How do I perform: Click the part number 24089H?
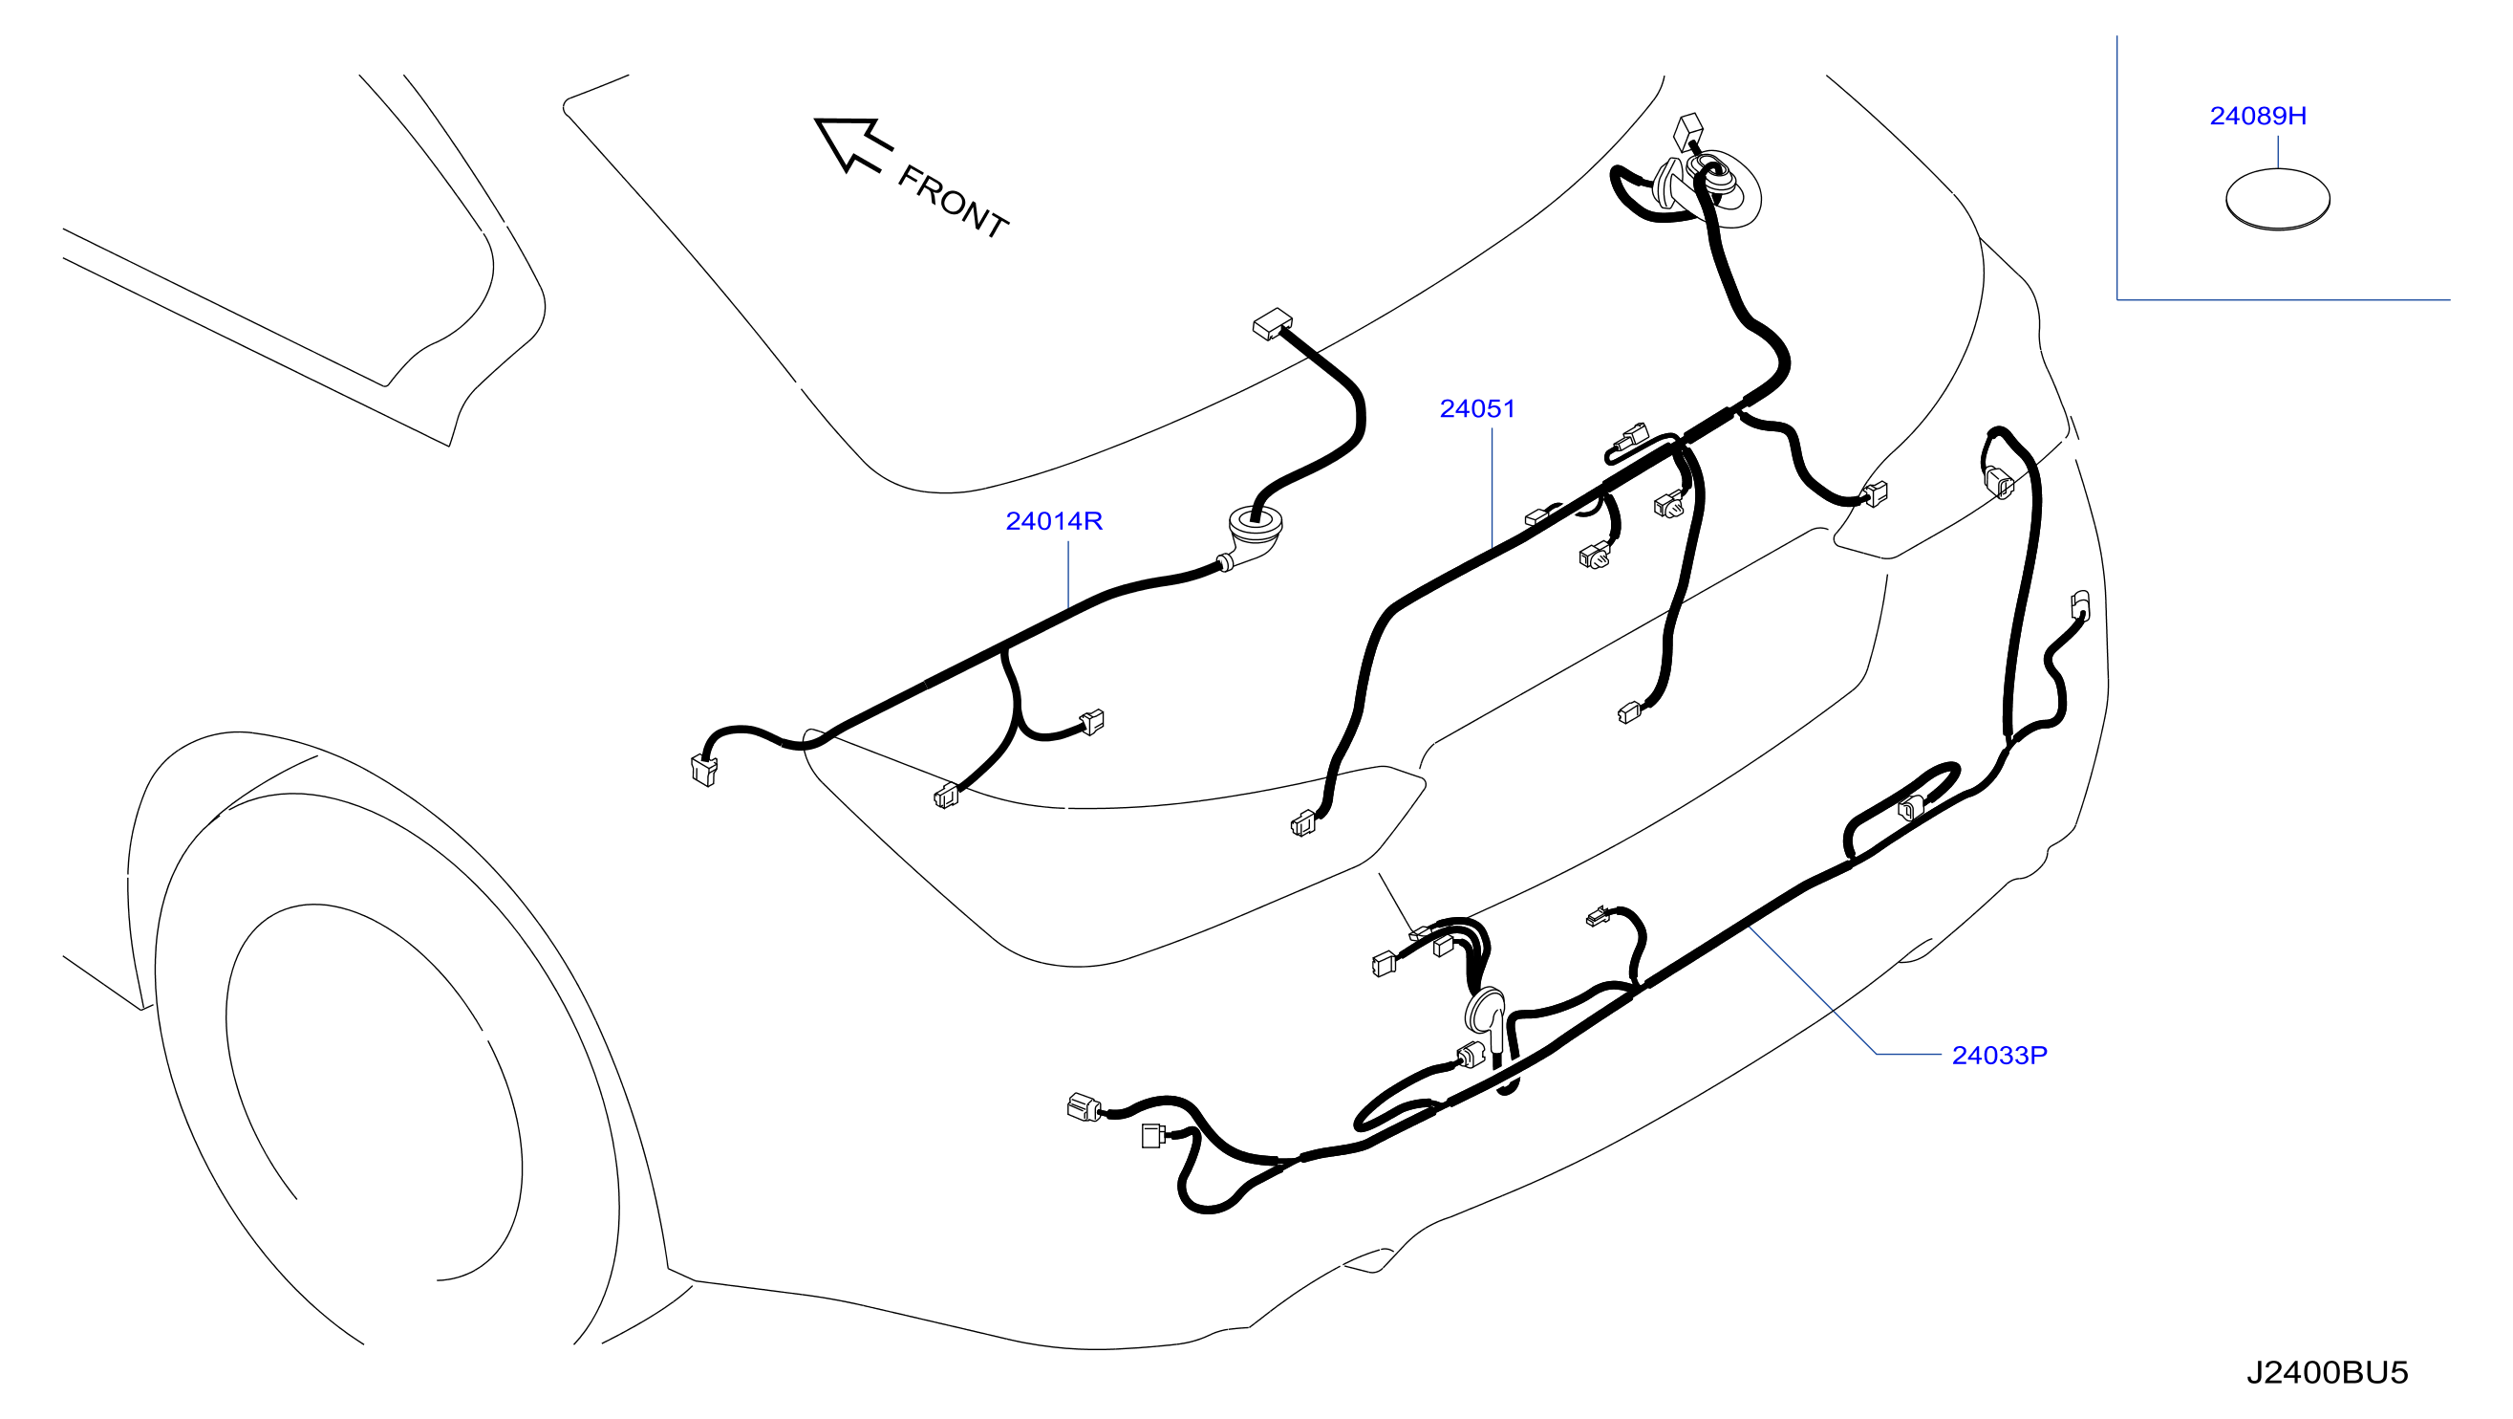[x=2258, y=116]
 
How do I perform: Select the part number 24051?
[x=1477, y=409]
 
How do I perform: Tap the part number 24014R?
[x=1054, y=521]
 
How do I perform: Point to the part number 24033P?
[x=1999, y=1055]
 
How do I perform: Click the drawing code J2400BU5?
[x=2327, y=1372]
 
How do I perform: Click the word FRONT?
[x=952, y=202]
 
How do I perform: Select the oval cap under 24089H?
[x=2277, y=199]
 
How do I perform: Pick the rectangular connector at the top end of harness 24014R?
[x=1272, y=323]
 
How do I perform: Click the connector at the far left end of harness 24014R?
[x=703, y=770]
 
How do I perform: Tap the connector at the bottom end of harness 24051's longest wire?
[x=1302, y=824]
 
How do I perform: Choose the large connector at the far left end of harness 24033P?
[x=1085, y=1107]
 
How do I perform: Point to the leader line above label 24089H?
[x=2278, y=152]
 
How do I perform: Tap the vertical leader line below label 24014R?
[x=1068, y=576]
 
